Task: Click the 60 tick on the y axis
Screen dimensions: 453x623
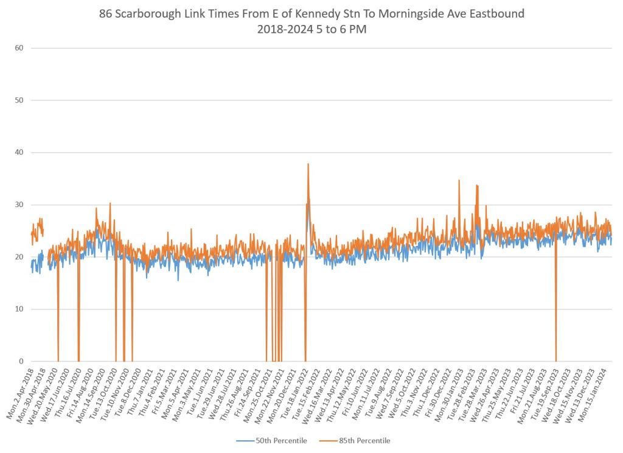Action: click(18, 48)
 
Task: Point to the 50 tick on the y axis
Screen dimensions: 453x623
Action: click(18, 100)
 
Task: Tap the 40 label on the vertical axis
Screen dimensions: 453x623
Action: click(18, 153)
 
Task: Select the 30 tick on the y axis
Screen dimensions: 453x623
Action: click(18, 205)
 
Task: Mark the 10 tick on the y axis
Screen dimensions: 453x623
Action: click(18, 309)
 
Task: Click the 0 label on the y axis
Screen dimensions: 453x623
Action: click(20, 362)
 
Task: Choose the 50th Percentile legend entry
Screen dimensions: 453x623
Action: click(277, 441)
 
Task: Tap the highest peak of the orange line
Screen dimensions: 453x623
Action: click(308, 164)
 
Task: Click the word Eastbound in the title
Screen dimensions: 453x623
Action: click(493, 14)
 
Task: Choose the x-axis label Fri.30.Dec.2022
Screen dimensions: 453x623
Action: click(436, 384)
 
